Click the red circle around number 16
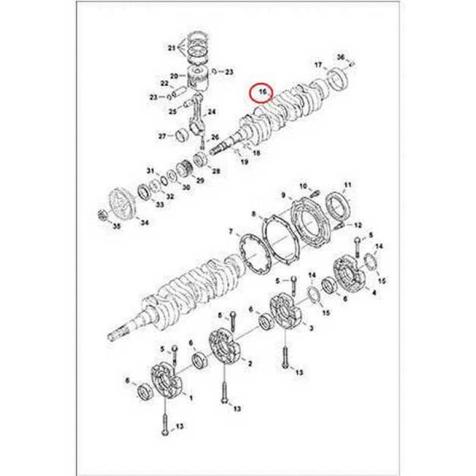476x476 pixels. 261,93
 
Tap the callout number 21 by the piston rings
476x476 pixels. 172,48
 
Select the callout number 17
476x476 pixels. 318,65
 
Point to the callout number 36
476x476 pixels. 341,57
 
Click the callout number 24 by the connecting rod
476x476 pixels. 212,112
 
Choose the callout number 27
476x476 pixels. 162,136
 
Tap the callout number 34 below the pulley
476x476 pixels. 145,223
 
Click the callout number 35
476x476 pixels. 117,226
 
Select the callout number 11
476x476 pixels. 348,184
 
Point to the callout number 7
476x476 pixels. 231,232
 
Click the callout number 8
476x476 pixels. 253,214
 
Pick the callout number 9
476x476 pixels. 283,195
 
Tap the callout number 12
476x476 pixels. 358,225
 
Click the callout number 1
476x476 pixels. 191,397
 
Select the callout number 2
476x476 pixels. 250,364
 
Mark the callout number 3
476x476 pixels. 311,328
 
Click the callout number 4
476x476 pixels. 374,293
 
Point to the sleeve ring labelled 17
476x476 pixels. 337,79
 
